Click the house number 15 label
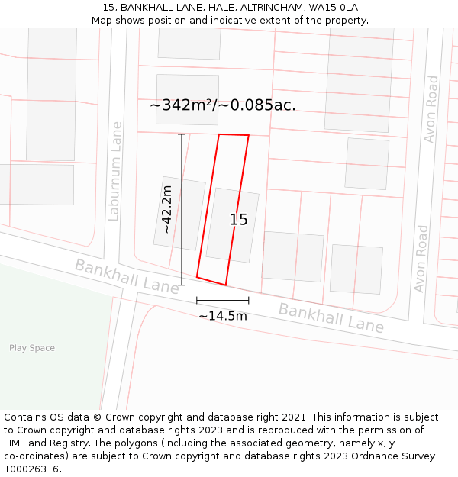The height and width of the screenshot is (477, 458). click(x=238, y=220)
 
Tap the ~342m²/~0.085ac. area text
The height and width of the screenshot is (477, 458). click(x=222, y=105)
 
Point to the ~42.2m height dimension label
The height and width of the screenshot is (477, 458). click(x=166, y=209)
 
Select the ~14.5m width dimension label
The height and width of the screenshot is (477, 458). click(x=223, y=316)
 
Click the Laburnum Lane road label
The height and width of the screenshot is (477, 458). click(x=115, y=171)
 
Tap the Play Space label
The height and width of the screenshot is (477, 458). click(x=32, y=348)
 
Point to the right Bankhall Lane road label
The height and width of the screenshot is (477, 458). click(x=331, y=317)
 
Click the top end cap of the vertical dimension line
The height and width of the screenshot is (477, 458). click(x=182, y=134)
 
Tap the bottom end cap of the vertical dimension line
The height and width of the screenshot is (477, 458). click(x=182, y=285)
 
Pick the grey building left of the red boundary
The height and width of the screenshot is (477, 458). click(x=179, y=213)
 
